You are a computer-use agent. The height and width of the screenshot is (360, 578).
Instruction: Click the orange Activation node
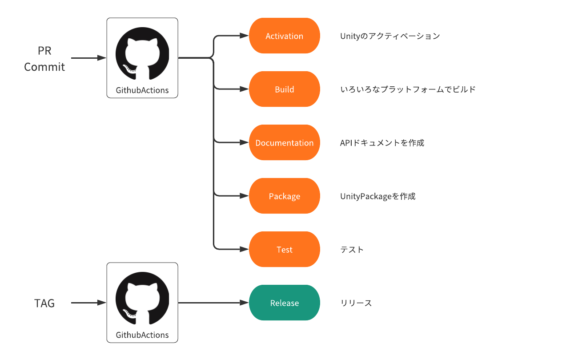tap(284, 36)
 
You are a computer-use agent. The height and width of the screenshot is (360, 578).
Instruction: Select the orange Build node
tap(284, 89)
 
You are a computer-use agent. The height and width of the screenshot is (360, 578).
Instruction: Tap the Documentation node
tap(284, 143)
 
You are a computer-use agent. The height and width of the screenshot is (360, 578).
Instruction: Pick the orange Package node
tap(284, 196)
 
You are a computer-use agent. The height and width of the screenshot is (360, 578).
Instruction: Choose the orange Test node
tap(284, 250)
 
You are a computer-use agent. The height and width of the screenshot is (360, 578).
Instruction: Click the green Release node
tap(284, 303)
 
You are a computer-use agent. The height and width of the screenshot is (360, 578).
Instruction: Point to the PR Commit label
tap(44, 59)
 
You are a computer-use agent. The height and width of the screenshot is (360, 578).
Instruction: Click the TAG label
tap(44, 303)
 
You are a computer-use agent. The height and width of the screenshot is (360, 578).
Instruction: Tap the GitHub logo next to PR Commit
tap(142, 53)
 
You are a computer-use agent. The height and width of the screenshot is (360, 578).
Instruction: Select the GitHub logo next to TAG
tap(142, 298)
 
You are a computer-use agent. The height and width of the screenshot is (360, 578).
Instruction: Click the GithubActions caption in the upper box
tap(142, 90)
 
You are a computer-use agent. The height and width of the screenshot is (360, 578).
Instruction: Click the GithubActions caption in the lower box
tap(142, 335)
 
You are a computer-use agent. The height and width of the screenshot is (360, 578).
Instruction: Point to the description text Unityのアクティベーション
tap(390, 36)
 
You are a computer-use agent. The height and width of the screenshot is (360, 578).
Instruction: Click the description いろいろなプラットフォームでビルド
tap(408, 89)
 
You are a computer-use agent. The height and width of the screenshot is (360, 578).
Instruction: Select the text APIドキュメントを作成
tap(382, 143)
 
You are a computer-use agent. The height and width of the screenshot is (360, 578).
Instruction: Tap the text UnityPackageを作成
tap(377, 196)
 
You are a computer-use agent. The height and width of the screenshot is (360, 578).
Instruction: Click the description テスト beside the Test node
tap(352, 250)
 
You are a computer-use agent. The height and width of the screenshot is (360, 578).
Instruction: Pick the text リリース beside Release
tap(356, 303)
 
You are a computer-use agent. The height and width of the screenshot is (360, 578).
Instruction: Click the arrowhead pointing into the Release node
tap(244, 303)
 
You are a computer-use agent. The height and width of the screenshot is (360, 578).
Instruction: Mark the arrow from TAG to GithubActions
tap(89, 303)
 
